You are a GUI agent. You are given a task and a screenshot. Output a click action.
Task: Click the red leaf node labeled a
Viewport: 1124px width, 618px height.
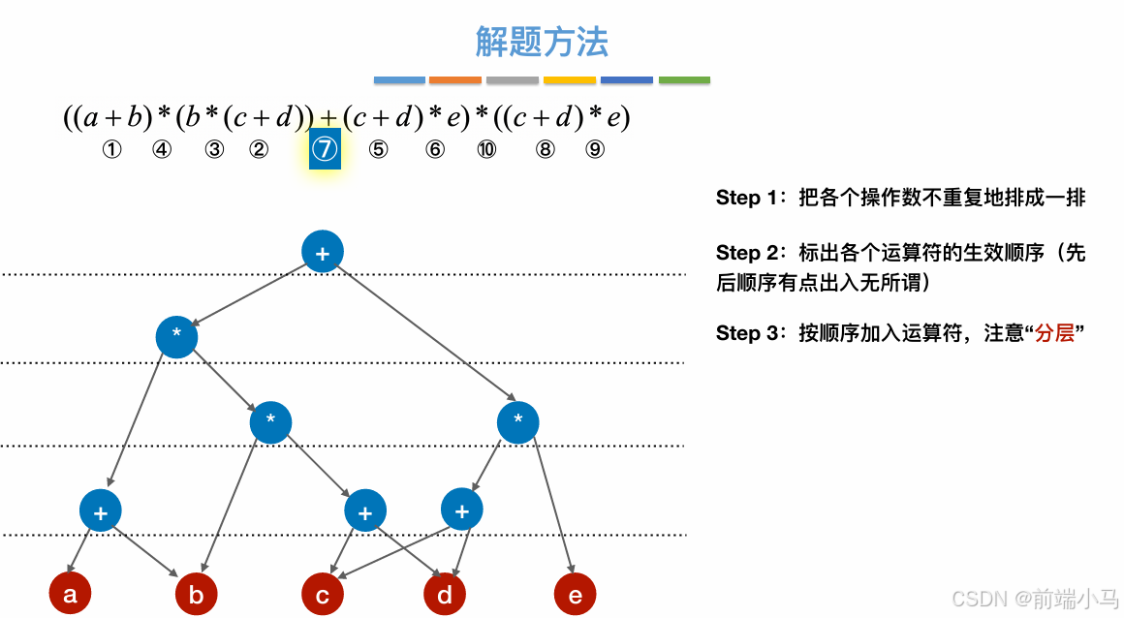pyautogui.click(x=70, y=595)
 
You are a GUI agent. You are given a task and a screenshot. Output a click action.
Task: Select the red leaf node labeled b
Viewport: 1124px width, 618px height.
pyautogui.click(x=196, y=595)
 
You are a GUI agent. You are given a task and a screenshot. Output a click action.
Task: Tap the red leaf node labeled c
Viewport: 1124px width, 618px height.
pyautogui.click(x=323, y=595)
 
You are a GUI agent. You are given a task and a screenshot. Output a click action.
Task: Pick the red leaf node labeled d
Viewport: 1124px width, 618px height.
pyautogui.click(x=445, y=595)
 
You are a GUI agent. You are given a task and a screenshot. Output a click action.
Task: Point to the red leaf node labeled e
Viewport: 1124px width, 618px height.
pyautogui.click(x=575, y=595)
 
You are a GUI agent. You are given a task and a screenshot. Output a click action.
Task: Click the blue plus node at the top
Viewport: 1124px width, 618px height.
pyautogui.click(x=323, y=252)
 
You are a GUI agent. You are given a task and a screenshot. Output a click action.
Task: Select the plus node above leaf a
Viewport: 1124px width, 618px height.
pyautogui.click(x=100, y=510)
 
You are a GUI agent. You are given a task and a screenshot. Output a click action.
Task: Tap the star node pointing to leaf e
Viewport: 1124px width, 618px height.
pyautogui.click(x=517, y=421)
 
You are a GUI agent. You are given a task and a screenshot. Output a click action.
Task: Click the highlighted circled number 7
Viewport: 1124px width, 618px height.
pyautogui.click(x=325, y=150)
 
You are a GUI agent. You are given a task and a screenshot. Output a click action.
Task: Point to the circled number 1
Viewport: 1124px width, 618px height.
pyautogui.click(x=112, y=150)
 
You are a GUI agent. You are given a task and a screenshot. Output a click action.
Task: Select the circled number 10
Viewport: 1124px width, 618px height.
pyautogui.click(x=486, y=150)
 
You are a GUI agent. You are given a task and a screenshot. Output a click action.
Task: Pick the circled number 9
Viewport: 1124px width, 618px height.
pyautogui.click(x=595, y=150)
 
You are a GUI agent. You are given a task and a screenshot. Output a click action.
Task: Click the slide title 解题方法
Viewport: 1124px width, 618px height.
pyautogui.click(x=542, y=42)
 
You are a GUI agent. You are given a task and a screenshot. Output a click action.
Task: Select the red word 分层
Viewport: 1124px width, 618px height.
pyautogui.click(x=1054, y=333)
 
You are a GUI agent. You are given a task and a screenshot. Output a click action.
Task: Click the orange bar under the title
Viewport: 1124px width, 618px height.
pyautogui.click(x=455, y=80)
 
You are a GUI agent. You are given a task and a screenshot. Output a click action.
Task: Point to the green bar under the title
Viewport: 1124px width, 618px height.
pyautogui.click(x=684, y=80)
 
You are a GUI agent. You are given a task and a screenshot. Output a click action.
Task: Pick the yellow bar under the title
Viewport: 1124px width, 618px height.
pyautogui.click(x=570, y=80)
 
